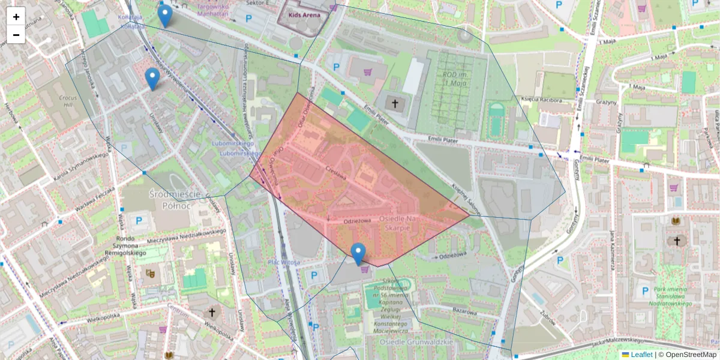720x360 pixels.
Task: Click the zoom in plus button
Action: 16,17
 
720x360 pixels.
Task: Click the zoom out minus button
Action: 16,35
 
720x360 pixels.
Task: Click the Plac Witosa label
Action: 284,262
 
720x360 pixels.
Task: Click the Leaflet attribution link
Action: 641,355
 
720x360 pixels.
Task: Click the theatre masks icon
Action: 150,274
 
